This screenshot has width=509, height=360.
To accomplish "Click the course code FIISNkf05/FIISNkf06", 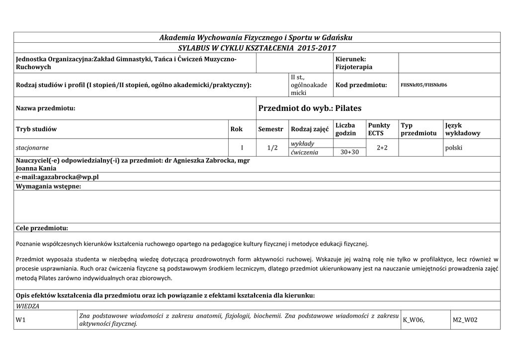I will pyautogui.click(x=424, y=85).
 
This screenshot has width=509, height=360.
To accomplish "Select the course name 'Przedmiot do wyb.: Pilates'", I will pyautogui.click(x=310, y=108).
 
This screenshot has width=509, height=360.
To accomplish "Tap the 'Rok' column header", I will pyautogui.click(x=237, y=129).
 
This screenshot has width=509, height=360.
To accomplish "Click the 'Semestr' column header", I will pyautogui.click(x=270, y=129).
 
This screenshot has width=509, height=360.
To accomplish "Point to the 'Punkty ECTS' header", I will pyautogui.click(x=379, y=129).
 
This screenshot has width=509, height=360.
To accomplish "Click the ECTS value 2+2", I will pyautogui.click(x=382, y=148).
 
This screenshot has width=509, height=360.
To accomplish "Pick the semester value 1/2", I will pyautogui.click(x=272, y=148).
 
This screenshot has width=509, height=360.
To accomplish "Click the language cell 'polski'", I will pyautogui.click(x=454, y=148).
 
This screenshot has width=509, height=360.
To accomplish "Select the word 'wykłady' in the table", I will pyautogui.click(x=302, y=144).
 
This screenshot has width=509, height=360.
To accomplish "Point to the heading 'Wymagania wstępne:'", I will pyautogui.click(x=48, y=186).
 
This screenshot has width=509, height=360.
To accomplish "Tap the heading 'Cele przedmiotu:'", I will pyautogui.click(x=42, y=228).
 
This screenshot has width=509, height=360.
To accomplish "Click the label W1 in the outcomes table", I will pyautogui.click(x=21, y=320).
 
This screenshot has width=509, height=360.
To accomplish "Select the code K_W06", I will pyautogui.click(x=414, y=320).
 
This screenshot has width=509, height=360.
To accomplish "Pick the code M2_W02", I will pyautogui.click(x=465, y=320).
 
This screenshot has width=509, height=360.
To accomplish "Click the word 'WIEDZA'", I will pyautogui.click(x=28, y=306).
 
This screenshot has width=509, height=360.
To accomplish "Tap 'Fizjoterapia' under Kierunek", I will pyautogui.click(x=354, y=67).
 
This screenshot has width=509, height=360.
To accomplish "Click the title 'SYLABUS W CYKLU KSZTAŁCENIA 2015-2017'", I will pyautogui.click(x=257, y=48).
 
